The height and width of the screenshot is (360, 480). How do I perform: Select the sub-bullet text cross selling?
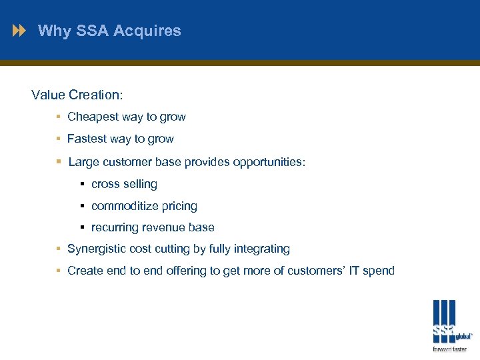124,184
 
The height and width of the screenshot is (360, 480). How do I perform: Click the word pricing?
180,206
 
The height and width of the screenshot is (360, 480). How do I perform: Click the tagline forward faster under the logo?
449,349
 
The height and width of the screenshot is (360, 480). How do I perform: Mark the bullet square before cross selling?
83,184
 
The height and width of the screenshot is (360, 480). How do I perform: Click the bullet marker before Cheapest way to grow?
59,117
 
